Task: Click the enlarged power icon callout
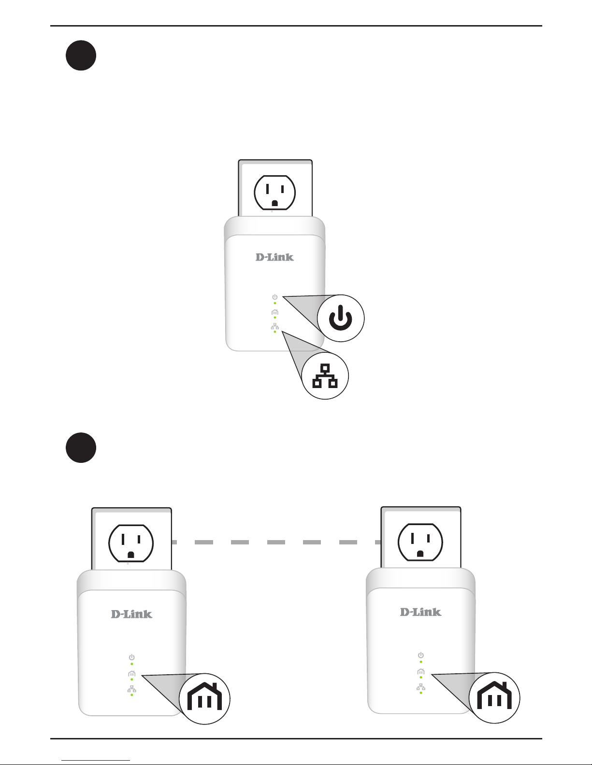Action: (x=341, y=318)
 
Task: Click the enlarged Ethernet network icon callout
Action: (x=325, y=376)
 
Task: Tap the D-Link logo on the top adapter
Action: (x=274, y=257)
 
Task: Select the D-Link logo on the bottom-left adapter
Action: (x=131, y=614)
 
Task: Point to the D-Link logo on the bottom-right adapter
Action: (x=420, y=612)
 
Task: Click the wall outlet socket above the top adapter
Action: (x=274, y=193)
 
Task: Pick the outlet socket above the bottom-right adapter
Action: (x=420, y=542)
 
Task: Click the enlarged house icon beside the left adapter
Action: (x=204, y=698)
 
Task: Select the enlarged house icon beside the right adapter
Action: (x=494, y=697)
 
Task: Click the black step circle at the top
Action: (x=81, y=56)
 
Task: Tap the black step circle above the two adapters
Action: (x=81, y=448)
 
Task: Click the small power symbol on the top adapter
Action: (x=274, y=297)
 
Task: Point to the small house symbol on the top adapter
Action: (x=274, y=312)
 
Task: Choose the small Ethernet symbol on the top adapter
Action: (x=274, y=327)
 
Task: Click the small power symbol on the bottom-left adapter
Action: (x=131, y=657)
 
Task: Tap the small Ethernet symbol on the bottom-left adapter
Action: (x=131, y=689)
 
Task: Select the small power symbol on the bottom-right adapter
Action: (x=420, y=655)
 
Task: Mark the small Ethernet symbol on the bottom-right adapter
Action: (x=420, y=686)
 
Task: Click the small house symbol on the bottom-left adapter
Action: (x=131, y=673)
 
